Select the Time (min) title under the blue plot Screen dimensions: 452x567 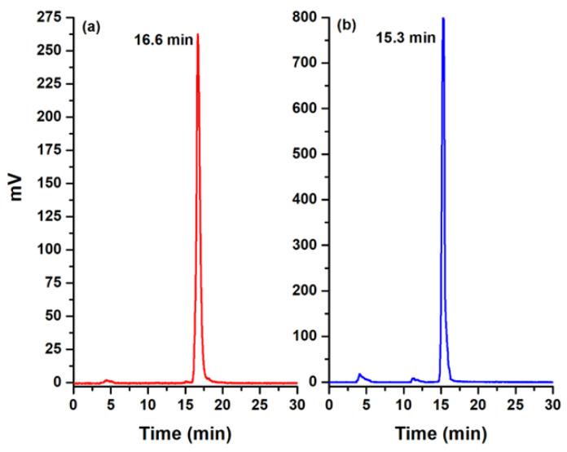point(441,433)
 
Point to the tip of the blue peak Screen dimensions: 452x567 point(443,18)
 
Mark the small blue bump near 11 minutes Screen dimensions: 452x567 point(413,379)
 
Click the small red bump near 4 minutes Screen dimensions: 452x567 point(106,380)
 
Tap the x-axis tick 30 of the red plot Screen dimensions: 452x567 point(297,402)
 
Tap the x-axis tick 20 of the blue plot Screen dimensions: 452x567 point(478,402)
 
